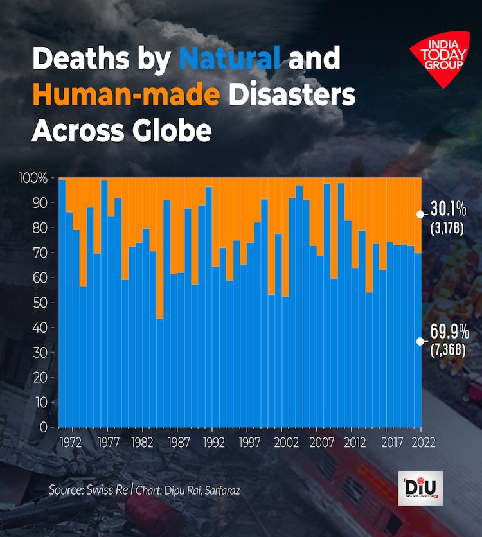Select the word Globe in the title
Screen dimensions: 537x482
(172, 130)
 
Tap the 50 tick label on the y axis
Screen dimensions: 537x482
(40, 303)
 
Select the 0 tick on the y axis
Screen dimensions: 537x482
(44, 427)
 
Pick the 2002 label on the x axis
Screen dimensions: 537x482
(285, 443)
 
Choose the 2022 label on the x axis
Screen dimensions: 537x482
(424, 443)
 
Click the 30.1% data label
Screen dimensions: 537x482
(448, 210)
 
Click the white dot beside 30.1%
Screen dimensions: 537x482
(420, 214)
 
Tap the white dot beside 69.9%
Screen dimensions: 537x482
(420, 341)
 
